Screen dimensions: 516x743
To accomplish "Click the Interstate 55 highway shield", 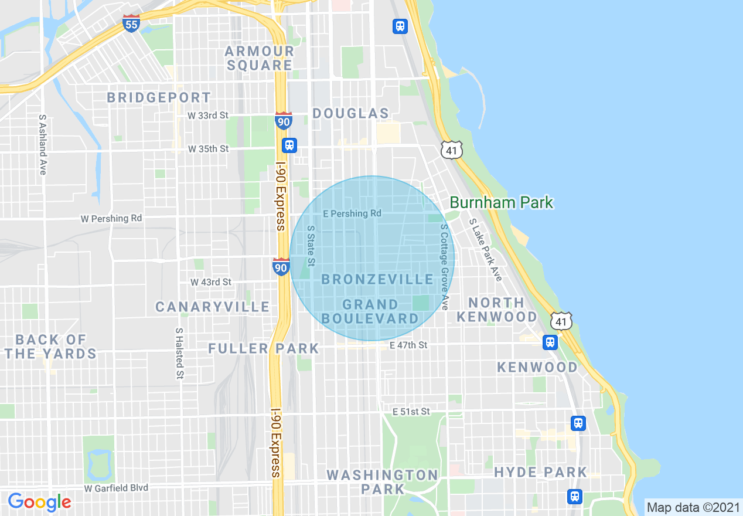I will click(131, 23).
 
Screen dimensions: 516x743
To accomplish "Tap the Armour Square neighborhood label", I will click(260, 58).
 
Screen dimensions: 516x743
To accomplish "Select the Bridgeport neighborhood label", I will click(159, 97).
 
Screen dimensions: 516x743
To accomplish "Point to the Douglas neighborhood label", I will click(351, 113).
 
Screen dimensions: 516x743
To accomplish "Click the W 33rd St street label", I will click(208, 116).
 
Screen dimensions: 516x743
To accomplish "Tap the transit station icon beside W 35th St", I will click(289, 145).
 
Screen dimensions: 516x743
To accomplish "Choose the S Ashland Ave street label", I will click(42, 144).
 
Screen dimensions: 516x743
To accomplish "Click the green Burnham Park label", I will click(501, 203).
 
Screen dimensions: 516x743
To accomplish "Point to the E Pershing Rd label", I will click(352, 213).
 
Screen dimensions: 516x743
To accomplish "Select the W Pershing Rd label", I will click(111, 219).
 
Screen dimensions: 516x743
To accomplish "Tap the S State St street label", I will click(311, 245).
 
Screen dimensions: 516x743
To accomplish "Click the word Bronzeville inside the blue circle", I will click(377, 280).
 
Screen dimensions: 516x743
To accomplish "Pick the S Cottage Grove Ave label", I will click(444, 267).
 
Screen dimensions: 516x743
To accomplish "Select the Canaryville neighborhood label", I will click(212, 307).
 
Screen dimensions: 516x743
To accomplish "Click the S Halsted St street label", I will click(179, 353).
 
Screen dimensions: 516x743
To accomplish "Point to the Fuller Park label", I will click(264, 349).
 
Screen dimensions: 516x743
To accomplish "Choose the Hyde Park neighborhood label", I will click(540, 472).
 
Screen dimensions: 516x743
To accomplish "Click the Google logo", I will click(39, 502).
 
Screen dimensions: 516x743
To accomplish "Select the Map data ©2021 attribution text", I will click(693, 507).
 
